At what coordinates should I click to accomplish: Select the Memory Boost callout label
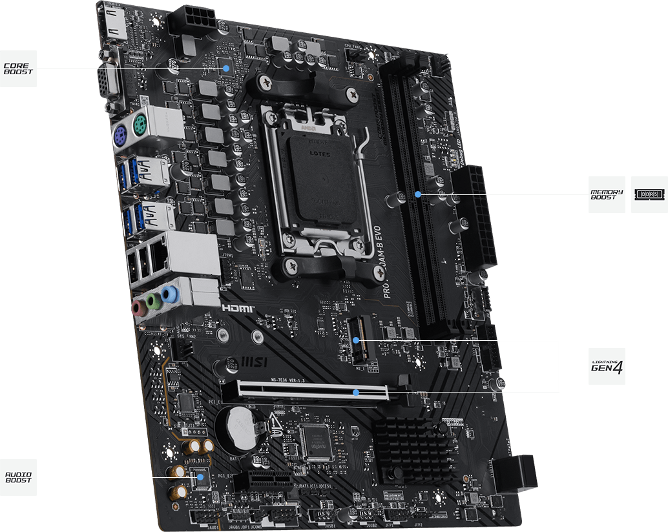point(607,194)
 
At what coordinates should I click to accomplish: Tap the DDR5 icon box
point(649,194)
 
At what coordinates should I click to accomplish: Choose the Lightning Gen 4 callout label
point(607,367)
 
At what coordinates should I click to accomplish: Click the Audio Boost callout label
point(18,478)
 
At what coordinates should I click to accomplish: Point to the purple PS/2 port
point(121,136)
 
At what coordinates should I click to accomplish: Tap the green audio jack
point(152,302)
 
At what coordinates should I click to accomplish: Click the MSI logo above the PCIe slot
point(254,359)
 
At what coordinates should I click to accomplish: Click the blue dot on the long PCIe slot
point(356,391)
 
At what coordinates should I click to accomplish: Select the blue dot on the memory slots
point(419,193)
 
